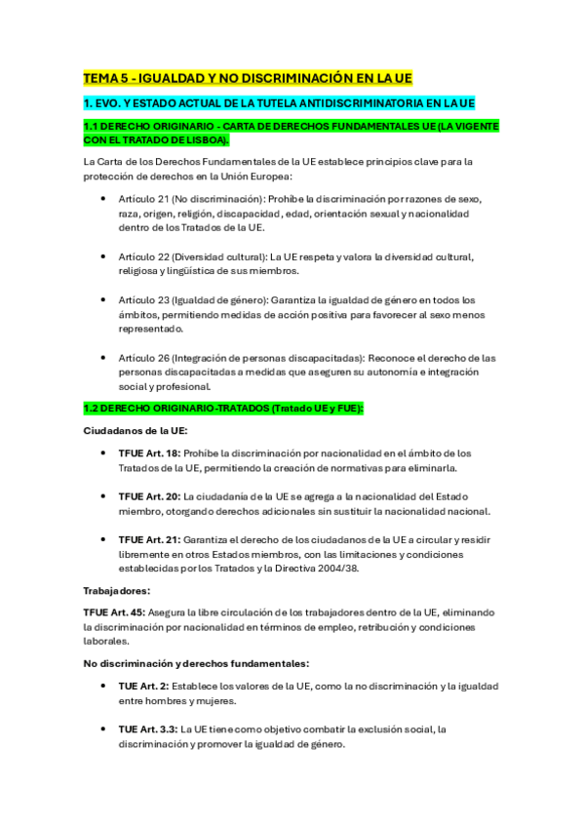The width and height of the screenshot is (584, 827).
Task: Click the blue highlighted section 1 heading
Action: pos(279,102)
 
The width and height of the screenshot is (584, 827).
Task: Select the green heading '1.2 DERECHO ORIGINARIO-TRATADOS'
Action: pos(223,409)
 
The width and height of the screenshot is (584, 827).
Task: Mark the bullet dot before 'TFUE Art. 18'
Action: pos(104,453)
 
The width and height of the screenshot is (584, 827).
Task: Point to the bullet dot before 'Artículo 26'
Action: pos(104,358)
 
